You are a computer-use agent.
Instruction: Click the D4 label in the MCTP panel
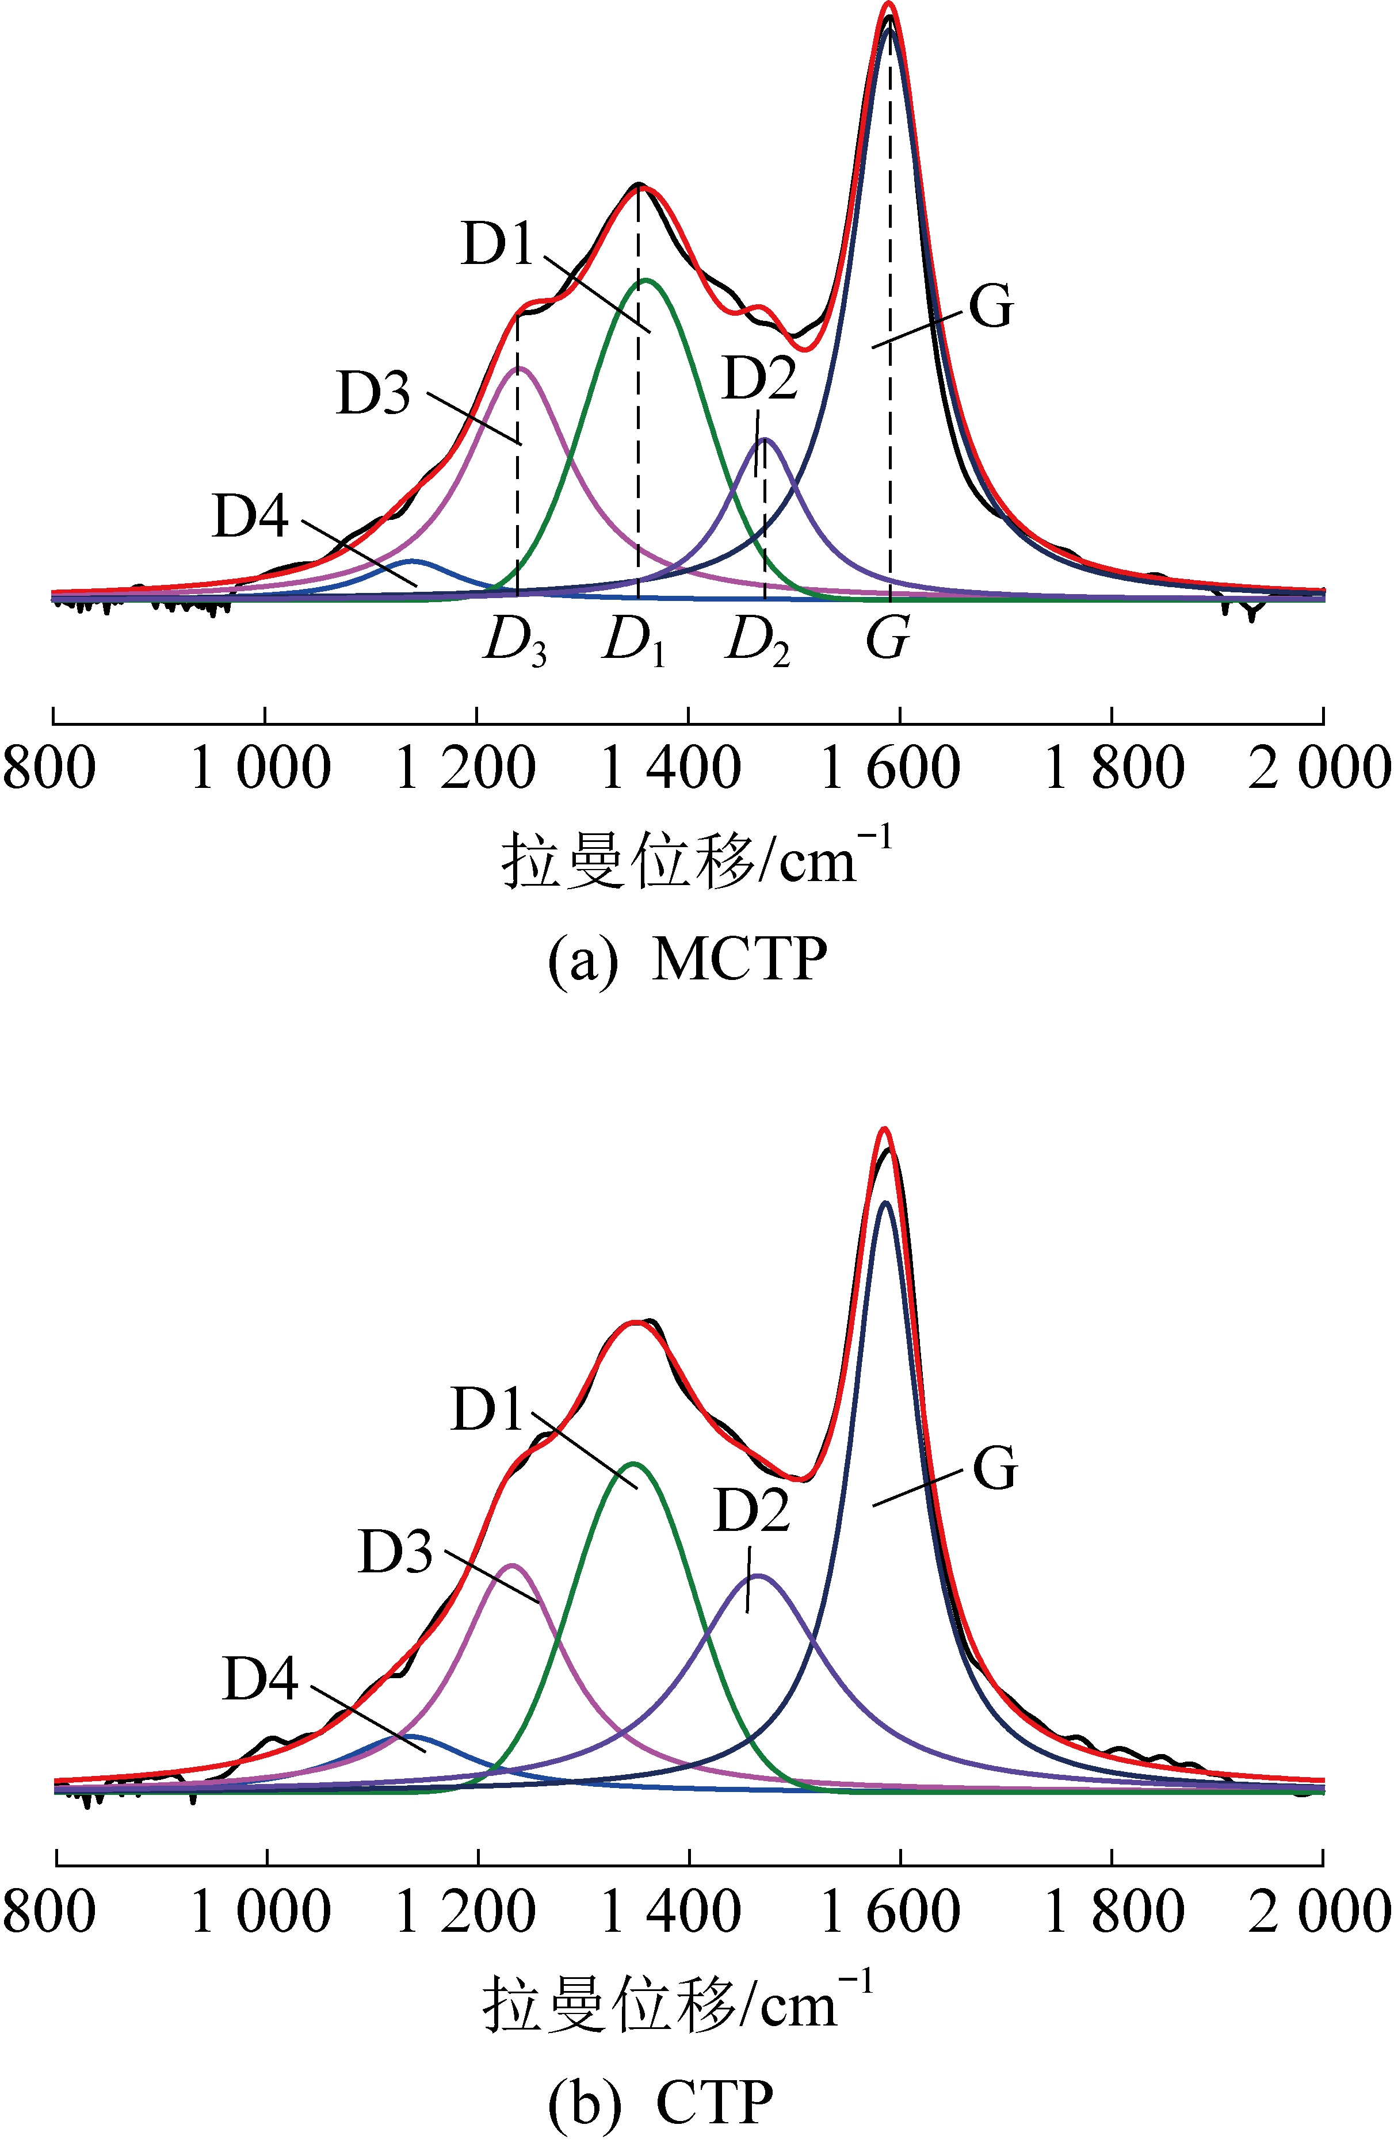click(x=250, y=516)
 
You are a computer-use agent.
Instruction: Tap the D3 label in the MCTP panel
click(x=373, y=394)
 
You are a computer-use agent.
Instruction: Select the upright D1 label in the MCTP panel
click(x=498, y=244)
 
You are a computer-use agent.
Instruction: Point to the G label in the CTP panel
click(x=995, y=1468)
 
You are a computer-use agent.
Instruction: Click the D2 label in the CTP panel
click(x=751, y=1510)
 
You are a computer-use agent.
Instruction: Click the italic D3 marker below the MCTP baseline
click(x=514, y=641)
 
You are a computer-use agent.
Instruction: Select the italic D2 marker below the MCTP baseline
click(x=758, y=641)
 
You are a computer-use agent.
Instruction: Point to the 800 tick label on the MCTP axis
click(x=49, y=769)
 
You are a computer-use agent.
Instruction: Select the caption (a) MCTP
click(x=688, y=959)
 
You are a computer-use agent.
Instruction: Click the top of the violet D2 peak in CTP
click(x=758, y=1576)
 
